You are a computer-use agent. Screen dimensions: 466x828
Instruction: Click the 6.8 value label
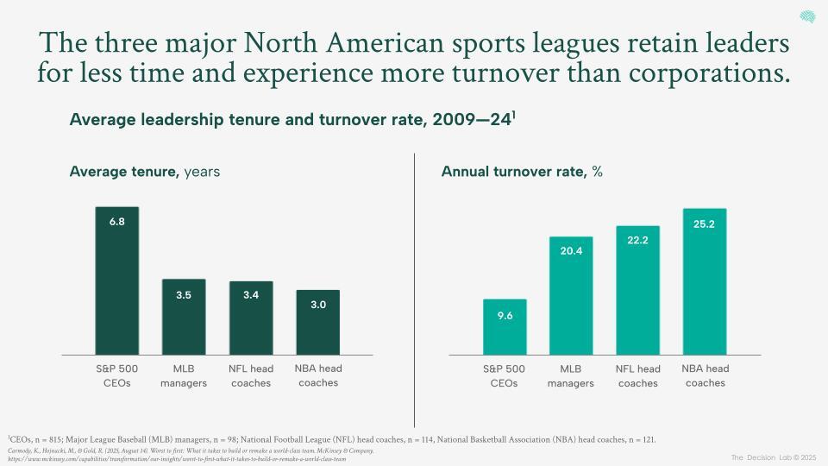[x=117, y=222]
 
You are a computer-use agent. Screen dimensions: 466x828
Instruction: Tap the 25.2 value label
[x=705, y=224]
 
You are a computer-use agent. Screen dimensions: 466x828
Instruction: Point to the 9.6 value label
[x=505, y=316]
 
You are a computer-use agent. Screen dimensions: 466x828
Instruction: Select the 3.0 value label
[x=317, y=305]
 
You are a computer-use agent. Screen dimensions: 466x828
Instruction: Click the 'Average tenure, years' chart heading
[x=144, y=172]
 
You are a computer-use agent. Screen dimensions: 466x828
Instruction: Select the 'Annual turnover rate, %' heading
[x=521, y=172]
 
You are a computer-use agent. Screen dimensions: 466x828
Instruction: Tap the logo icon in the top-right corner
[x=807, y=17]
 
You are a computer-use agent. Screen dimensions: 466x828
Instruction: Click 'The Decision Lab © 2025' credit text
[x=773, y=457]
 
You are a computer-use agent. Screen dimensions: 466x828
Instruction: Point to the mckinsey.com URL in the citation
[x=177, y=458]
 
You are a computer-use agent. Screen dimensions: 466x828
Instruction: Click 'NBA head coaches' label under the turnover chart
[x=705, y=375]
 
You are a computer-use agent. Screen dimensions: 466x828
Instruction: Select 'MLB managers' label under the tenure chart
[x=184, y=375]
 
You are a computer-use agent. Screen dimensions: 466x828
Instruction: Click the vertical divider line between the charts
[x=415, y=285]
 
